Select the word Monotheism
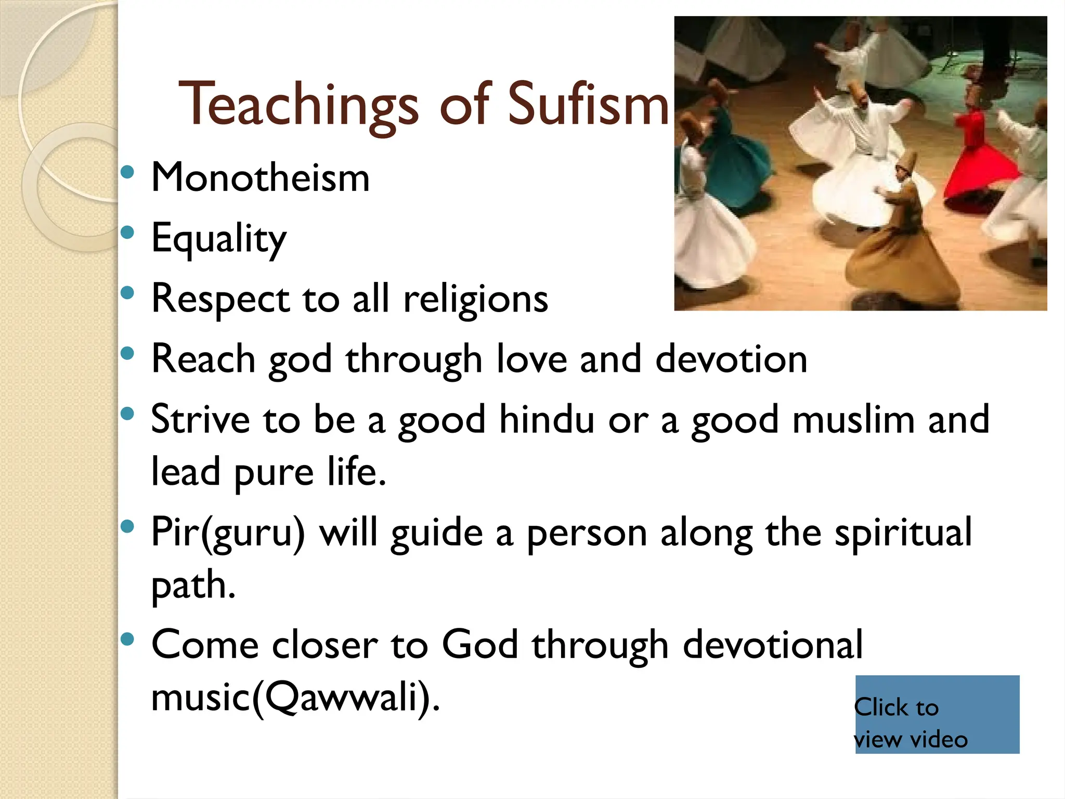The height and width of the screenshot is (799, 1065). pos(261,178)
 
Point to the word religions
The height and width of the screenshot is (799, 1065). pos(476,300)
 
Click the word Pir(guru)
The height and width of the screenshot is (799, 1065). pos(228,533)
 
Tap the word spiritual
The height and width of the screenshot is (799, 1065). pos(903,533)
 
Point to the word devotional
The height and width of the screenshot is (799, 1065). pos(773,645)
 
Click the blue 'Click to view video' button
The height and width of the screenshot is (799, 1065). pos(937,714)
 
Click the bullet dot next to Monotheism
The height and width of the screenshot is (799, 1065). pos(127,172)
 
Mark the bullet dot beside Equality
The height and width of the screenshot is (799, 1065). pos(127,233)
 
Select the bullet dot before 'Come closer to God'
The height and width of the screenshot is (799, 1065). pos(127,639)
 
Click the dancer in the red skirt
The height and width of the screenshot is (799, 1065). pos(978,161)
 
